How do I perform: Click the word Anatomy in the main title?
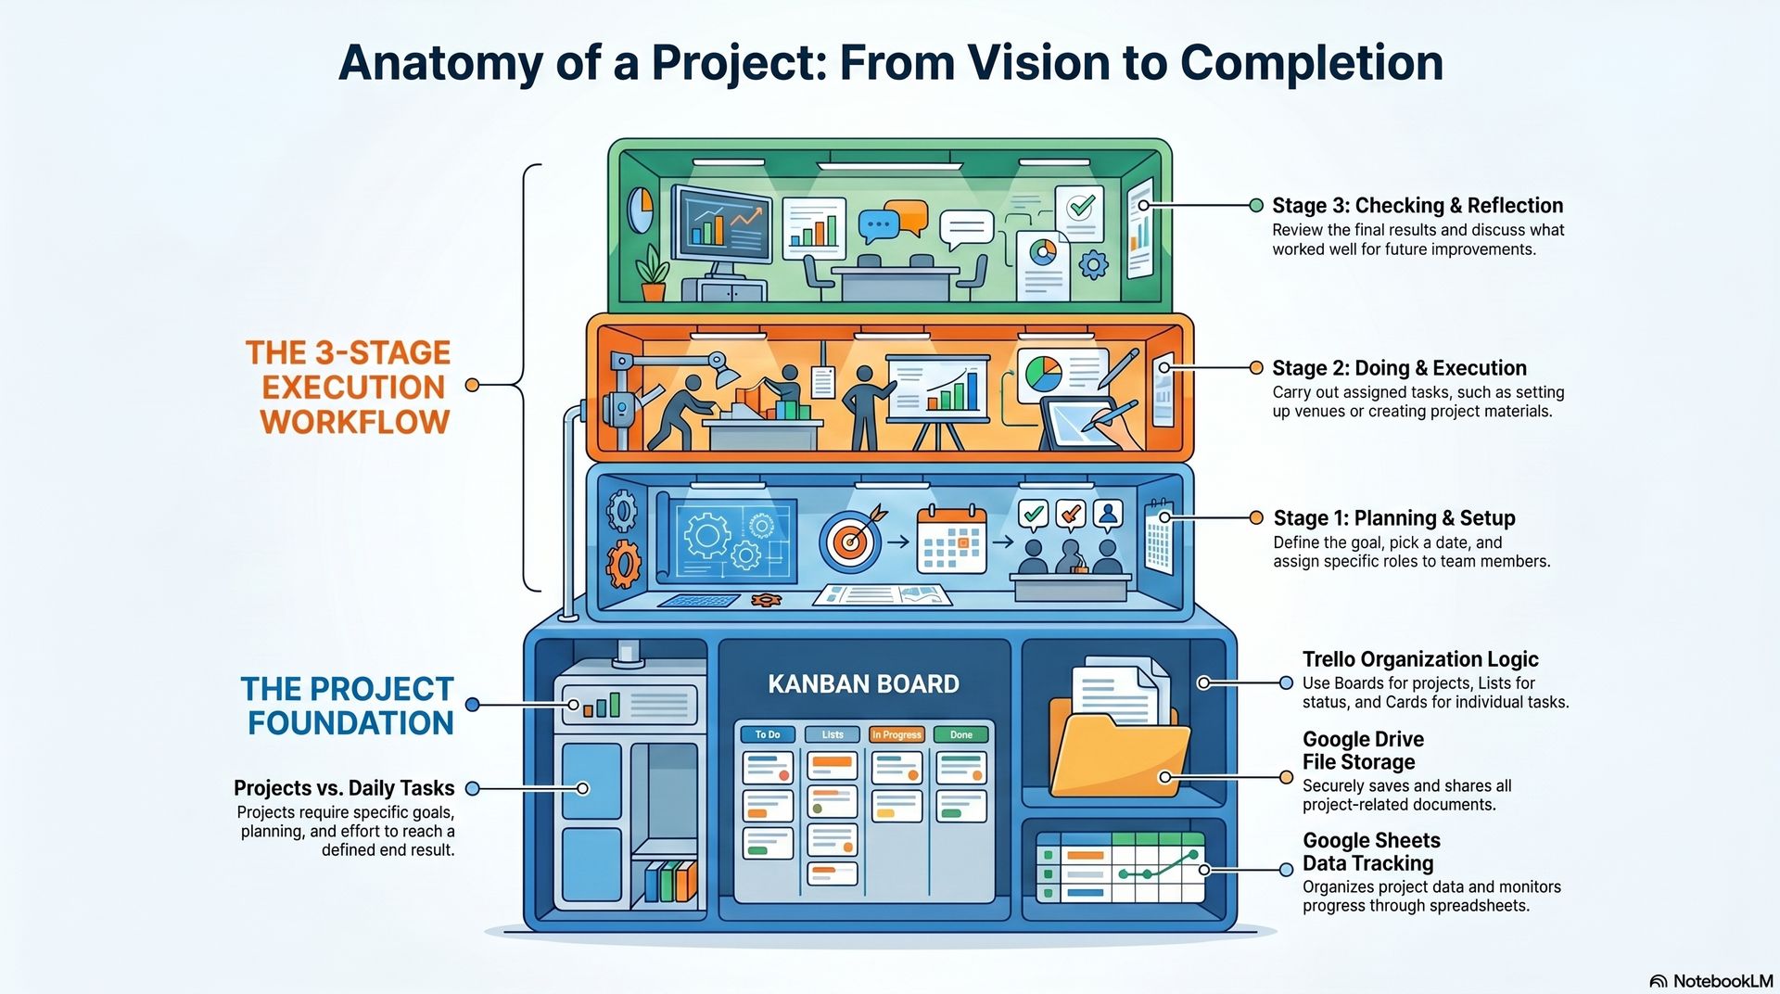click(440, 64)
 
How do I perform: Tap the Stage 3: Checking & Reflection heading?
click(1418, 206)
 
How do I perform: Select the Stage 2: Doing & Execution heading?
click(1399, 368)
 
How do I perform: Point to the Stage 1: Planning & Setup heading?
click(1394, 518)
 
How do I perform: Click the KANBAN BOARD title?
click(863, 684)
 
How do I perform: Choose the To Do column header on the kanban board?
click(768, 734)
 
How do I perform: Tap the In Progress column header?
click(896, 734)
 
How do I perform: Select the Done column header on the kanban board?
click(961, 734)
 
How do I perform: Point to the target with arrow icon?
click(851, 538)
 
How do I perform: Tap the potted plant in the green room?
click(653, 273)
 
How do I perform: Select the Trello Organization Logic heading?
click(1420, 659)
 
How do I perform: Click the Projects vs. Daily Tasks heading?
click(344, 788)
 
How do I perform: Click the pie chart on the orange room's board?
click(1044, 375)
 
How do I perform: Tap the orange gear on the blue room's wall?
click(623, 564)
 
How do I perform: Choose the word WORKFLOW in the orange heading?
click(355, 422)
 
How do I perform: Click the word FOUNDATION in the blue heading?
click(350, 723)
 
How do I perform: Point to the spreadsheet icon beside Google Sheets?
click(1120, 868)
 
